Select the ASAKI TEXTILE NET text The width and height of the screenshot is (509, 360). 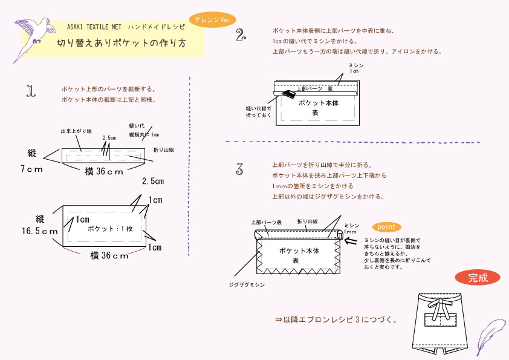(94, 27)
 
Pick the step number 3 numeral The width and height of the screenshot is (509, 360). (240, 169)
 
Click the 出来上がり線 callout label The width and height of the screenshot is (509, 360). (76, 131)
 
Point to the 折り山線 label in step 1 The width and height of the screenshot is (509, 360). (163, 149)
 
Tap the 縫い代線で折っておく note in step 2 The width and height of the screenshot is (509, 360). (259, 111)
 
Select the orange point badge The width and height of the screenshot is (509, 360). (386, 227)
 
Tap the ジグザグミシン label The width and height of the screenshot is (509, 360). (247, 283)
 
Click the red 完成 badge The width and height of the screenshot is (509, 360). (477, 278)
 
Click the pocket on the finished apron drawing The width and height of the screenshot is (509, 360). (440, 320)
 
